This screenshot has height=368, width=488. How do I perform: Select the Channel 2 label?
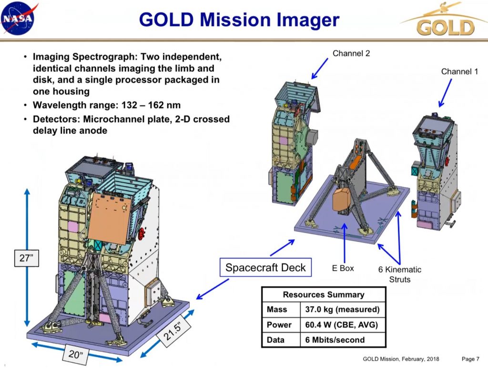point(351,53)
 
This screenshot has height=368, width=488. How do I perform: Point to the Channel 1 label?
point(459,71)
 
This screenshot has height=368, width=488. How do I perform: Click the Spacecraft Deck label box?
point(265,267)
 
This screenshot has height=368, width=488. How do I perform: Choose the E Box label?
point(343,268)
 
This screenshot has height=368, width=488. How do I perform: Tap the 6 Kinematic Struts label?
point(400,274)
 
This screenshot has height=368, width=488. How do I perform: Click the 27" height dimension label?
point(27,258)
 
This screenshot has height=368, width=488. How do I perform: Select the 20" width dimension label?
point(75,354)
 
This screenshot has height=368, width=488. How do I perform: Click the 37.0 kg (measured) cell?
point(342,309)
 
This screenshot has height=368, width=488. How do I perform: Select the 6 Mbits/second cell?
point(335,340)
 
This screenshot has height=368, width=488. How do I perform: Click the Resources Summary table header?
point(324,295)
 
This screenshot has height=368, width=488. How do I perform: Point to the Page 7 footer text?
point(470,359)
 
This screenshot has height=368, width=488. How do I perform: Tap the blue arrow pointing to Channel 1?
point(445,93)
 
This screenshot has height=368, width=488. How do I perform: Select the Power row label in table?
point(279,325)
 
